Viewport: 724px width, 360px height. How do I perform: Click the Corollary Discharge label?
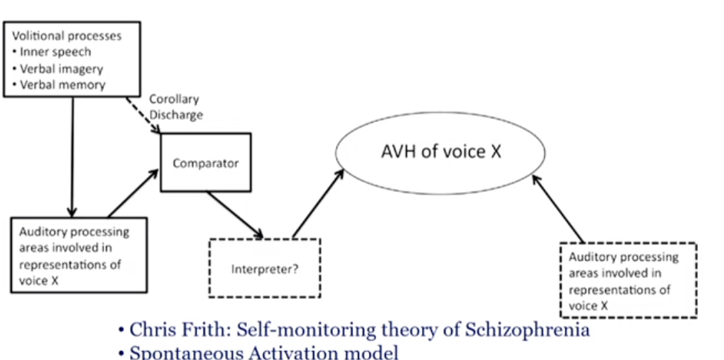pyautogui.click(x=175, y=107)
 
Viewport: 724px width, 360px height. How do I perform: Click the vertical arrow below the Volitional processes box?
pyautogui.click(x=73, y=156)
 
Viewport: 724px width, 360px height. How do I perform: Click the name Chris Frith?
pyautogui.click(x=170, y=330)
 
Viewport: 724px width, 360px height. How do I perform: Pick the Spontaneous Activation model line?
pyautogui.click(x=264, y=353)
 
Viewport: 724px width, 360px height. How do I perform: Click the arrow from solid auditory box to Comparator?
pyautogui.click(x=134, y=193)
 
